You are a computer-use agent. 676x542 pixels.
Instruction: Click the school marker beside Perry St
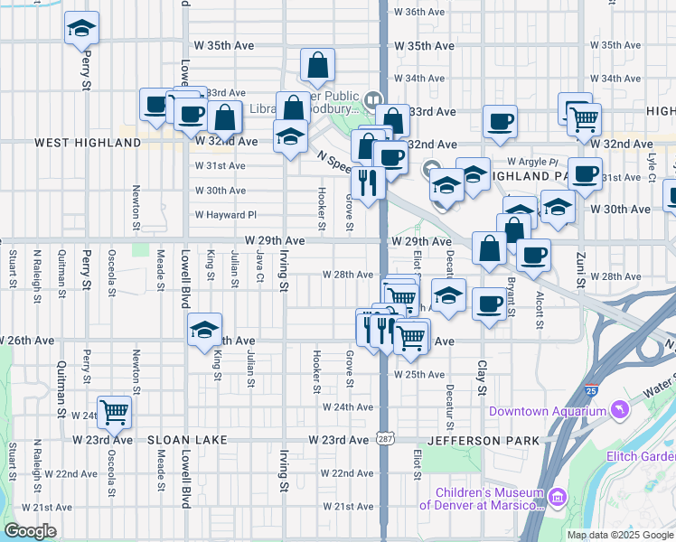pyautogui.click(x=82, y=30)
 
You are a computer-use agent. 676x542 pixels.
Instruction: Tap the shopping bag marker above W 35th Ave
pyautogui.click(x=318, y=66)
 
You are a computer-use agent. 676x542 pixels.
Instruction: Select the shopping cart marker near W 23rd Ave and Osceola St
pyautogui.click(x=114, y=413)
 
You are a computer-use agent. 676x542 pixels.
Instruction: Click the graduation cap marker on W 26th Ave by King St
pyautogui.click(x=205, y=331)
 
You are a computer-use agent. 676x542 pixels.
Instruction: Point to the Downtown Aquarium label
pyautogui.click(x=547, y=412)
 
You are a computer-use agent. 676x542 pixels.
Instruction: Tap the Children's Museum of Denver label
pyautogui.click(x=488, y=499)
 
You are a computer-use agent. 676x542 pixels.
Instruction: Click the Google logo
pyautogui.click(x=30, y=531)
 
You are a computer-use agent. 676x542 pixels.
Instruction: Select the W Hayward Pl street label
pyautogui.click(x=226, y=215)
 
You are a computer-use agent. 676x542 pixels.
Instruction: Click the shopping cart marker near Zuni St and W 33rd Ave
pyautogui.click(x=585, y=117)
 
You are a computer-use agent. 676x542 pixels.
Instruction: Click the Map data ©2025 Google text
pyautogui.click(x=619, y=535)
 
